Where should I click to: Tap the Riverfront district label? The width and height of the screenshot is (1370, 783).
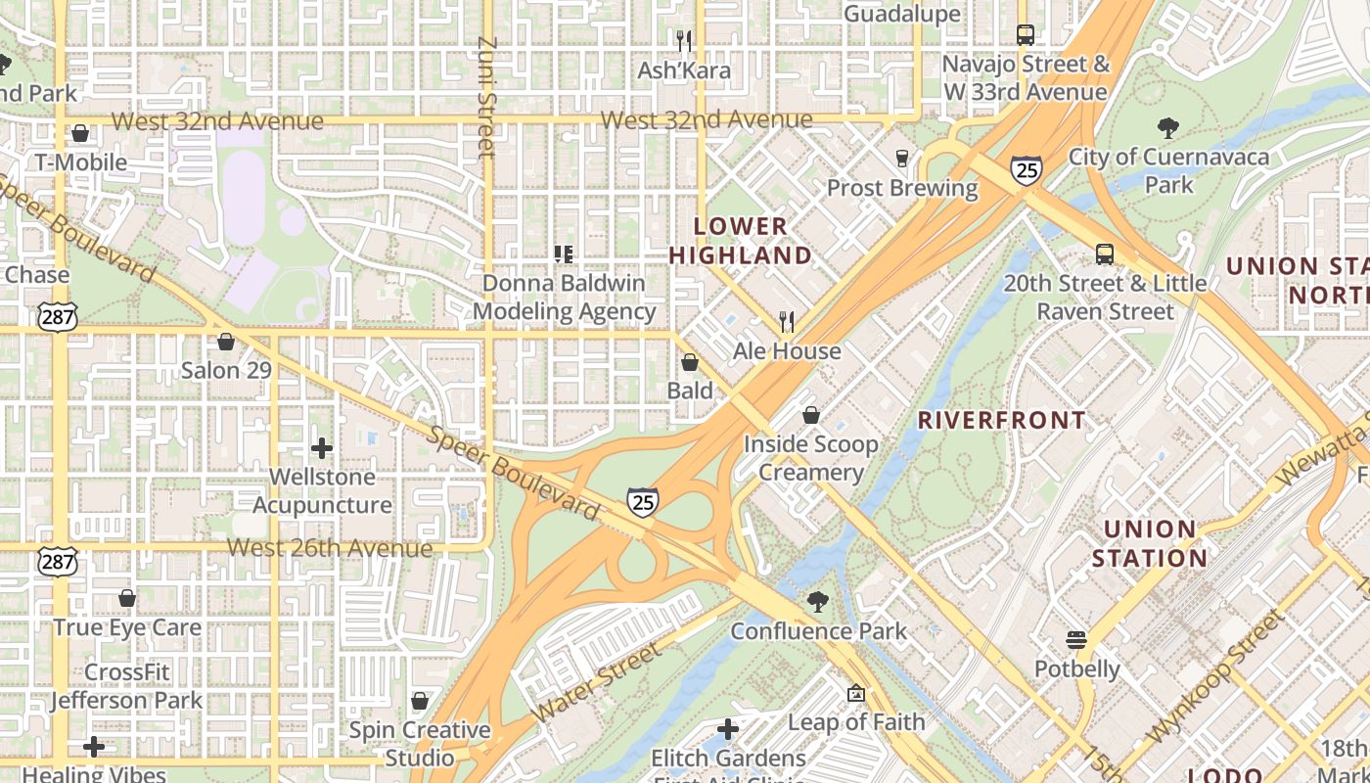click(x=1001, y=421)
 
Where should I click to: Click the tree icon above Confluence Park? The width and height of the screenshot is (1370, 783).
click(x=818, y=602)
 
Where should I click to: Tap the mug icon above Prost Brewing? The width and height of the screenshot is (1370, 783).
click(x=902, y=158)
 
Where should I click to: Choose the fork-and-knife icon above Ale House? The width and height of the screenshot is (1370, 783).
click(x=786, y=321)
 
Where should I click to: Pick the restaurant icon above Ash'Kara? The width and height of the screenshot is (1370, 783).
click(x=684, y=40)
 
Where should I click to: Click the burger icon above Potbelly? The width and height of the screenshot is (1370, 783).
click(x=1076, y=640)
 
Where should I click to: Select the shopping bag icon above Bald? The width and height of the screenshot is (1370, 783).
click(x=690, y=362)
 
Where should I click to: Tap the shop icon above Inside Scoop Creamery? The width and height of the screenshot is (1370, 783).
click(x=810, y=415)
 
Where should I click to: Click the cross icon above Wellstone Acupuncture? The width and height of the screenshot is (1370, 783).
click(x=322, y=448)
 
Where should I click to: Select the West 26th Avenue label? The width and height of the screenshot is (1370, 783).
click(x=329, y=547)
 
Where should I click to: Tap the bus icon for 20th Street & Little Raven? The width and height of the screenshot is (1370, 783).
click(x=1105, y=254)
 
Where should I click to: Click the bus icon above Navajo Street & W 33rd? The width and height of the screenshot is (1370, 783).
click(x=1025, y=35)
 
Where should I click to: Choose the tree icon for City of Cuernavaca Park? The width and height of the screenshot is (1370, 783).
click(x=1167, y=127)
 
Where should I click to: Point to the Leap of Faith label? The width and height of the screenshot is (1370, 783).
click(x=856, y=722)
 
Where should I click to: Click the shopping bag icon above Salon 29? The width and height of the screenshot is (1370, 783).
click(x=226, y=342)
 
